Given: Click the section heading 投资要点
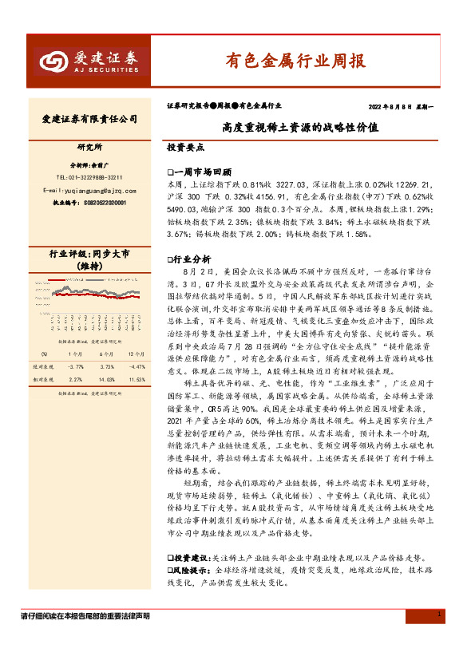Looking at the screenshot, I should pos(185,148).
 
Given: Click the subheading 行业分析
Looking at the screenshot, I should pos(192,259).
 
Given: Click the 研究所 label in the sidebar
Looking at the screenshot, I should pos(89,148).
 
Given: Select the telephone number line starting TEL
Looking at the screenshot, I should pos(89,176).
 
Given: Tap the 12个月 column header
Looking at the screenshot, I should pos(135,353).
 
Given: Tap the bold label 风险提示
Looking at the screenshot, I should pos(192,571).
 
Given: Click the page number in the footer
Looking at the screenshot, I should pos(440,614).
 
